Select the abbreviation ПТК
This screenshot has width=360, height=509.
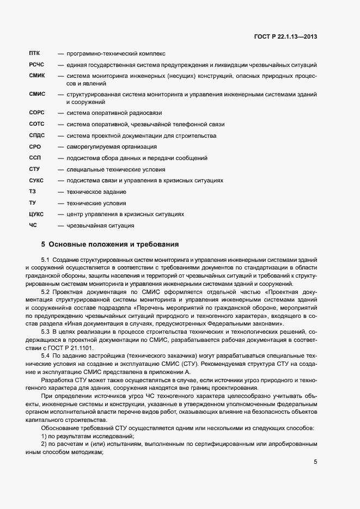[34, 54]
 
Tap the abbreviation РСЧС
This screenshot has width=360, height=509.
[36, 65]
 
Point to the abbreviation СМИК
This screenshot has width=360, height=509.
[36, 76]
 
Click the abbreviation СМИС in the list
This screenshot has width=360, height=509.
[36, 95]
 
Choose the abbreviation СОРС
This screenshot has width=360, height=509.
[36, 113]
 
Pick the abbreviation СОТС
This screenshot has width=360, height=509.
[36, 125]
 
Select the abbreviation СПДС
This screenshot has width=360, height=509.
[36, 136]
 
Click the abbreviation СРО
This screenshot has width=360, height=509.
[34, 147]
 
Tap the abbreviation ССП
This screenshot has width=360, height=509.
[34, 158]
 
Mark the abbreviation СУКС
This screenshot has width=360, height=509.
[36, 180]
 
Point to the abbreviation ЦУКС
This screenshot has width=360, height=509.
[36, 214]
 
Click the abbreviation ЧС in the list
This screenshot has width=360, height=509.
[33, 225]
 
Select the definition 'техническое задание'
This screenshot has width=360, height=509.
[96, 192]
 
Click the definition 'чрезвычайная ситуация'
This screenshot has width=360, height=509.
[100, 225]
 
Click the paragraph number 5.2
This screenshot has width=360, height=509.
[45, 292]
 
